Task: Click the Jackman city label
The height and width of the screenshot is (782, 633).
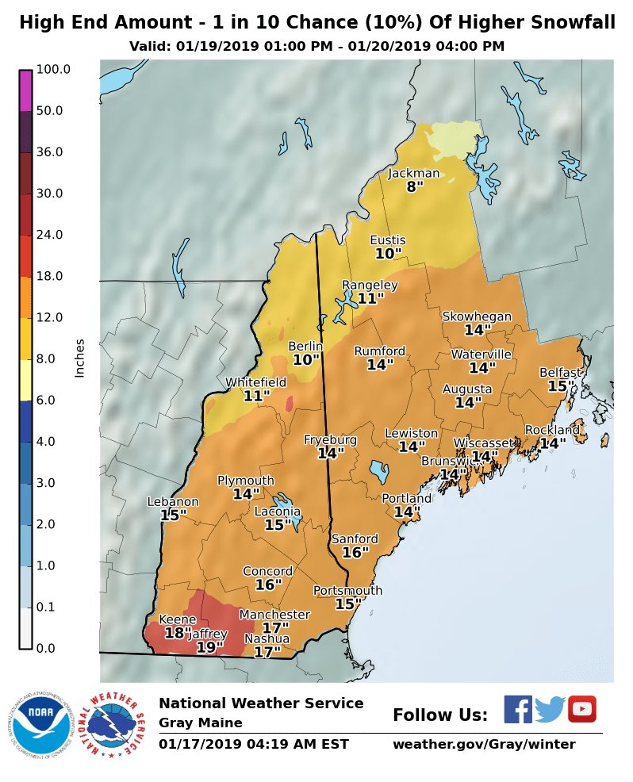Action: (413, 174)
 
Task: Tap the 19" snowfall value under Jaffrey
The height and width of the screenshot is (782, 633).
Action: (209, 647)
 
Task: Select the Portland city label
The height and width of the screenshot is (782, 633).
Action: (406, 498)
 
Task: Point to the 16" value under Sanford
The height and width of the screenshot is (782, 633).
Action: (355, 552)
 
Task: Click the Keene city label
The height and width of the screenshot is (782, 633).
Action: (178, 619)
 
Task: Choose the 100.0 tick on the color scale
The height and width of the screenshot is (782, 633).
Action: (53, 70)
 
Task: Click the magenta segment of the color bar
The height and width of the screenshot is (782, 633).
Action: (25, 90)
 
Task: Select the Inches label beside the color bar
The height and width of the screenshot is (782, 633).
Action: (79, 358)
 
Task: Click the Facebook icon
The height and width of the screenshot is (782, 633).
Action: (518, 709)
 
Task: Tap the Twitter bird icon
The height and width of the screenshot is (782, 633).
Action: (549, 709)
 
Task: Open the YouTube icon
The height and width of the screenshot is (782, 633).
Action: (581, 709)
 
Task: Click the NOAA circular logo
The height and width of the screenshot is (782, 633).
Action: (40, 724)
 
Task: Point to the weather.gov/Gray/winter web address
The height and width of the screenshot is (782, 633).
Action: (484, 744)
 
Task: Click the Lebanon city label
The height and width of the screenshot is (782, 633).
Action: (173, 501)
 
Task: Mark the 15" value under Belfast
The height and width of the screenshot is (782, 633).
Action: (561, 385)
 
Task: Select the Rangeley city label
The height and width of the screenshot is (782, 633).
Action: (370, 285)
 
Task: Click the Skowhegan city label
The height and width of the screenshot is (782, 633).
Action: (477, 316)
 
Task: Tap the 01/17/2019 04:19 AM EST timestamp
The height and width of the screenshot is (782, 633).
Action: (253, 744)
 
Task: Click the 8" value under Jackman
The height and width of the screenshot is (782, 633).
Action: (415, 187)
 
